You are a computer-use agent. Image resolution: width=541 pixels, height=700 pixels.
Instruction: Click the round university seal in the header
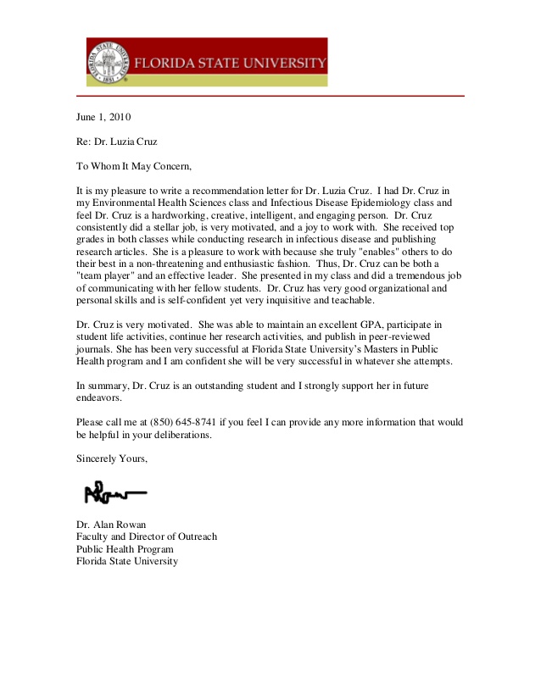point(109,62)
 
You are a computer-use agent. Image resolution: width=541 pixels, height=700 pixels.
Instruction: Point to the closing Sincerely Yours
point(112,458)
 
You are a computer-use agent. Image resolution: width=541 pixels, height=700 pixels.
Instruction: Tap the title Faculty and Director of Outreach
point(147,536)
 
